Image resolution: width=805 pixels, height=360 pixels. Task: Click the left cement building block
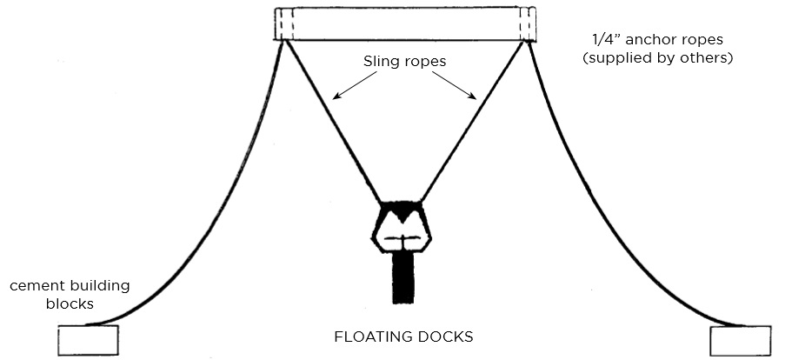(x=87, y=340)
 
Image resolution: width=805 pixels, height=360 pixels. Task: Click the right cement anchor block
(x=739, y=340)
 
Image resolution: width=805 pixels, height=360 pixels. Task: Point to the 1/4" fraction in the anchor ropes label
(x=602, y=39)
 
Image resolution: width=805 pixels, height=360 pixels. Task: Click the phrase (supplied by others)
(x=661, y=59)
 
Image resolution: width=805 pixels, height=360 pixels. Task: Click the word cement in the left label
(x=36, y=285)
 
